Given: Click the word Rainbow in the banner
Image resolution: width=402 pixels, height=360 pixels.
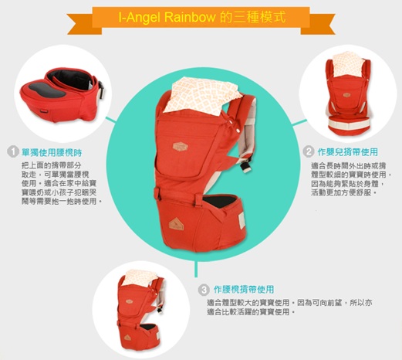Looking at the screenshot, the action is pyautogui.click(x=190, y=18).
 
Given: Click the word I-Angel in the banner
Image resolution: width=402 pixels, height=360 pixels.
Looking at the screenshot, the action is pyautogui.click(x=140, y=18).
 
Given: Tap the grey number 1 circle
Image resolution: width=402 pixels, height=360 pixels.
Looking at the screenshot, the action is pyautogui.click(x=13, y=152).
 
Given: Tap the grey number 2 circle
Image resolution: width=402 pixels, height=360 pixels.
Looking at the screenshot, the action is pyautogui.click(x=309, y=151).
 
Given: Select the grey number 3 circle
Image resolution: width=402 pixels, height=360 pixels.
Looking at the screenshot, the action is pyautogui.click(x=204, y=290).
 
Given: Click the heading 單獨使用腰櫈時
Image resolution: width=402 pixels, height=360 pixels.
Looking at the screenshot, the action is pyautogui.click(x=52, y=153).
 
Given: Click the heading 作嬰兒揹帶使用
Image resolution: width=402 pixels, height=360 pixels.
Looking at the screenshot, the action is pyautogui.click(x=348, y=152).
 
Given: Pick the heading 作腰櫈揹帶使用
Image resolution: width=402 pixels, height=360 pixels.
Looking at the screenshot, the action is pyautogui.click(x=244, y=290).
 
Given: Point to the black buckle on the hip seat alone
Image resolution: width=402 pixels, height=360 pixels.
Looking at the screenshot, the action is pyautogui.click(x=101, y=90).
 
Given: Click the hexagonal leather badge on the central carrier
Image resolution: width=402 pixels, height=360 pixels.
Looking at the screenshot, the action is pyautogui.click(x=180, y=147).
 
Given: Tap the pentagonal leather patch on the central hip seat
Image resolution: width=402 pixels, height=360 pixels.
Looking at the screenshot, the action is pyautogui.click(x=176, y=224).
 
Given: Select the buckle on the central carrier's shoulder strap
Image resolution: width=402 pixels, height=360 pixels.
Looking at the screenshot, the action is pyautogui.click(x=245, y=165).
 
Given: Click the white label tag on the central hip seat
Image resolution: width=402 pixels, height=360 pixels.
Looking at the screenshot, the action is pyautogui.click(x=242, y=220).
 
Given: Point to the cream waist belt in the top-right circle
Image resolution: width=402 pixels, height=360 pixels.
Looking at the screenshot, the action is pyautogui.click(x=350, y=126).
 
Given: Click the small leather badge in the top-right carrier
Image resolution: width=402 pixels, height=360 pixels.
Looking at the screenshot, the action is pyautogui.click(x=346, y=95).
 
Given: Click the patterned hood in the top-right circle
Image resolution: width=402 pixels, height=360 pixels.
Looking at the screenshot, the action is pyautogui.click(x=349, y=63).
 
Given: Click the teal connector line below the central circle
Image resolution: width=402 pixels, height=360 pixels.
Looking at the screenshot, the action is pyautogui.click(x=196, y=269).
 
